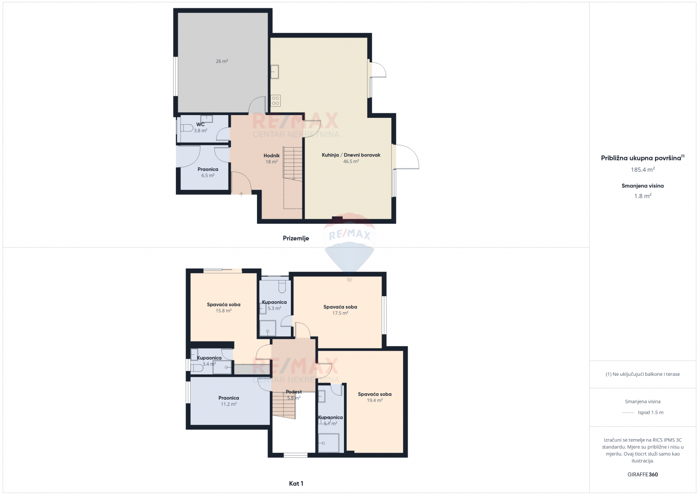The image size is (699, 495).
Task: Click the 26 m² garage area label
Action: [x=222, y=61]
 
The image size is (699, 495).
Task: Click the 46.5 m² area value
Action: [x=351, y=161]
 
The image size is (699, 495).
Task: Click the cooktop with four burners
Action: [x=276, y=100]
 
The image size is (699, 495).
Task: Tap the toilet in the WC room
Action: [x=186, y=128]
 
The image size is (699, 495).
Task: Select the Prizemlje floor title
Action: [x=296, y=238]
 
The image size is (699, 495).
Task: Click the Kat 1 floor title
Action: [x=296, y=484]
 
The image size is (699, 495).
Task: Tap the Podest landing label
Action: [x=294, y=391]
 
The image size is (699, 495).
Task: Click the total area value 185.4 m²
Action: [x=643, y=170]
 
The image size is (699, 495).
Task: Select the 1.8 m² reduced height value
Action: [x=643, y=196]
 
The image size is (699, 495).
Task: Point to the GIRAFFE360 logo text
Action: [x=643, y=474]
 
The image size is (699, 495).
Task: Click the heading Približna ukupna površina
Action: [x=641, y=158]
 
